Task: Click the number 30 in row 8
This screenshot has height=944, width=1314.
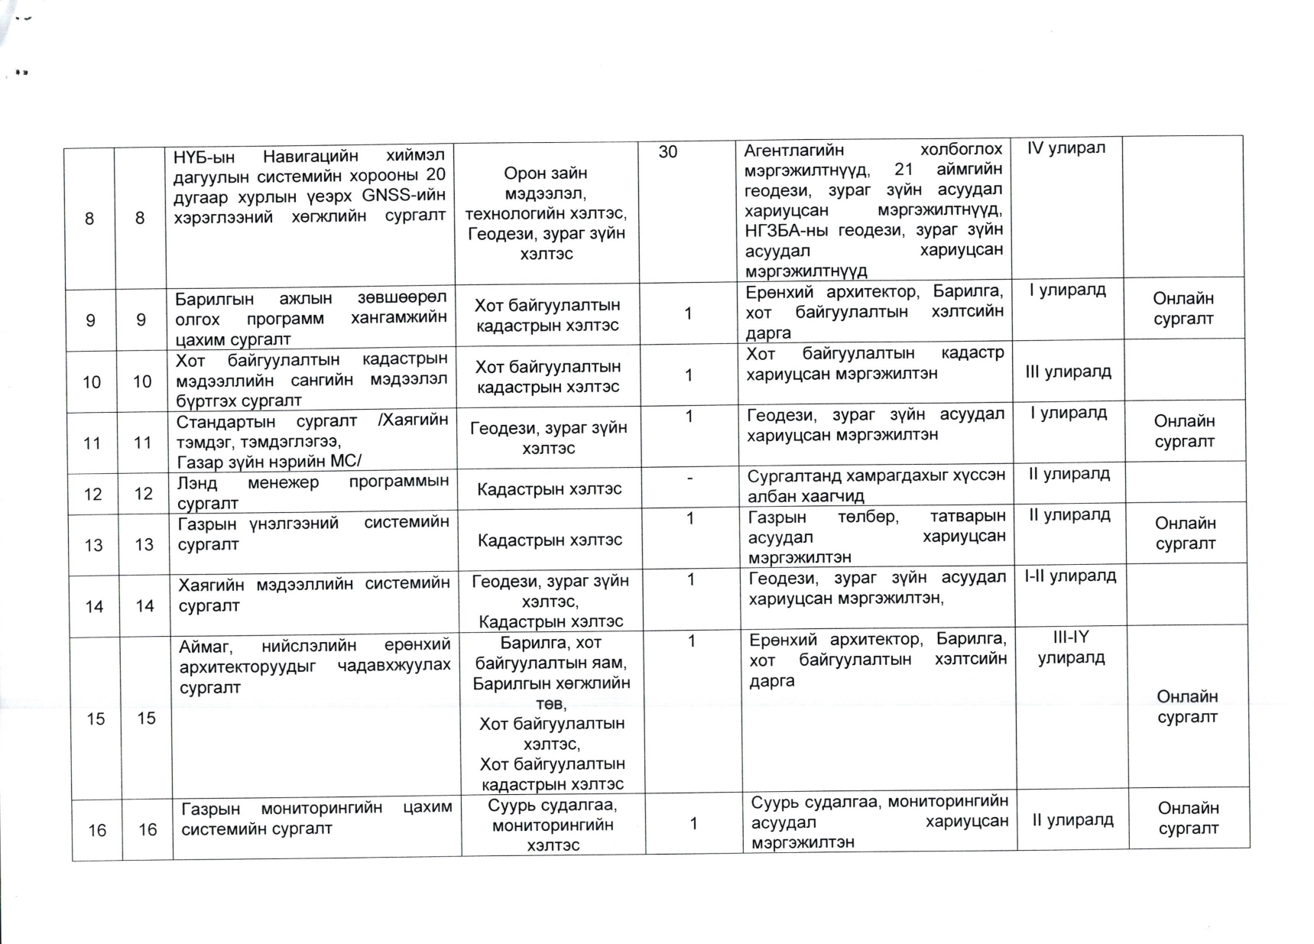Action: [667, 152]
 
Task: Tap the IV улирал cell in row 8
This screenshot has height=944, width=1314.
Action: [1066, 148]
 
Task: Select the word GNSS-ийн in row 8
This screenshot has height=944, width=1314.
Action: [403, 195]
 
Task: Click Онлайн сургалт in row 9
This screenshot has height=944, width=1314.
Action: [1183, 309]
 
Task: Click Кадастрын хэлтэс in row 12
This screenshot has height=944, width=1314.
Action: [549, 489]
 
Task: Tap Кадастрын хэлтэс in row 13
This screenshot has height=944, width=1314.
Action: [550, 540]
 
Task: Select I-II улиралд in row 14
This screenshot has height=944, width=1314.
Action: [1070, 576]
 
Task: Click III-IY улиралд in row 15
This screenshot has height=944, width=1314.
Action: [1071, 647]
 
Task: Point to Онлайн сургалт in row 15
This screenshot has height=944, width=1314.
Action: [1186, 706]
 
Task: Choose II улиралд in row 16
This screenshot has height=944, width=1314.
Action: [1072, 820]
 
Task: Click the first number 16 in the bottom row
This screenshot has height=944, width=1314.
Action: [97, 830]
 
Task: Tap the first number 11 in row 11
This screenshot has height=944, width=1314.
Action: [92, 443]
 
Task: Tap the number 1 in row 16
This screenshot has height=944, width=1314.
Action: [693, 823]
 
